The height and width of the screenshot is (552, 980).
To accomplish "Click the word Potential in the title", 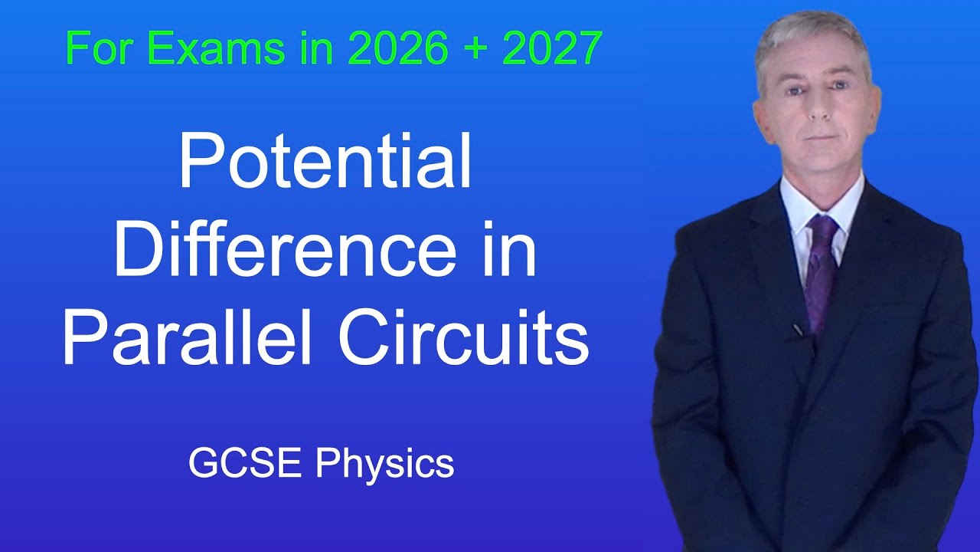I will coord(325,166).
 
